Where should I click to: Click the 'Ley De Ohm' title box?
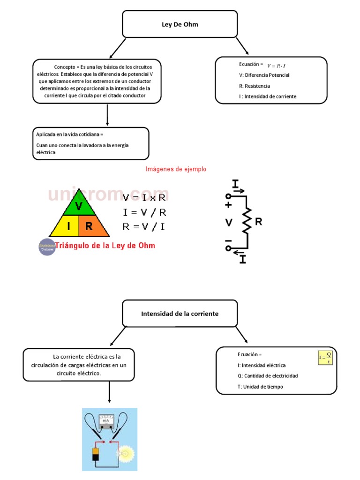[x=180, y=24]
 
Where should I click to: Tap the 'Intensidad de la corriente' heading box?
[x=180, y=314]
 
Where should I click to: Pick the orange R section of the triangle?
[x=90, y=227]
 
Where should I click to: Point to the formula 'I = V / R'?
[x=144, y=212]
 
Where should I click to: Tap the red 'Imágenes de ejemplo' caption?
[x=176, y=169]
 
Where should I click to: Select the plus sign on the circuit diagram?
[x=228, y=205]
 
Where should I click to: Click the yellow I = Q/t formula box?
[x=325, y=358]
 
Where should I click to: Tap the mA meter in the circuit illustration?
[x=105, y=420]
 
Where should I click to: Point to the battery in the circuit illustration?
[x=96, y=455]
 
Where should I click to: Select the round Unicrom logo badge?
[x=47, y=247]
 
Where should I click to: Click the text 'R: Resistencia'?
[x=255, y=86]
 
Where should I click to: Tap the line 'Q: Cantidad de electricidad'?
[x=268, y=376]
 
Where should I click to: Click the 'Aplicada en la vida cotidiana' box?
[x=90, y=143]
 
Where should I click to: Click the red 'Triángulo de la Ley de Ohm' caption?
[x=105, y=245]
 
